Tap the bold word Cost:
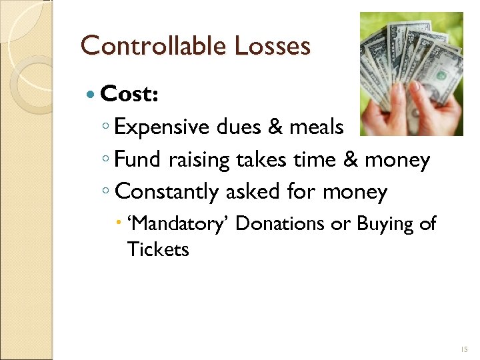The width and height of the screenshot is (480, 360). pyautogui.click(x=129, y=95)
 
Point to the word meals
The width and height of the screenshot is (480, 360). pyautogui.click(x=317, y=127)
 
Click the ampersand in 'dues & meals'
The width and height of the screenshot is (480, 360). pyautogui.click(x=275, y=127)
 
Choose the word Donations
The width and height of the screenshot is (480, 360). pyautogui.click(x=281, y=223)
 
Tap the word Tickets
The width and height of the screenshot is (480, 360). pyautogui.click(x=158, y=249)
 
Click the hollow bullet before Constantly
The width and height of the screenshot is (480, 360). pyautogui.click(x=107, y=193)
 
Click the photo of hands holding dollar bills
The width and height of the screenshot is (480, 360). pyautogui.click(x=411, y=74)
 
